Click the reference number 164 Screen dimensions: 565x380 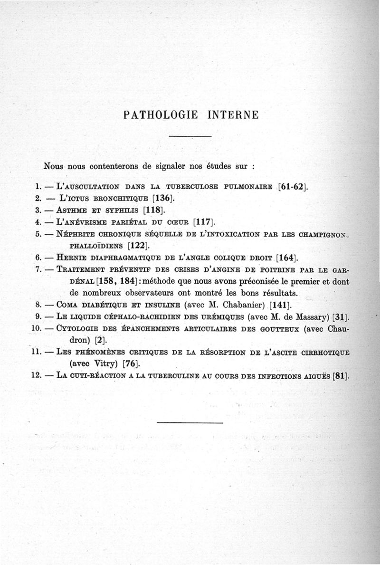[287, 258]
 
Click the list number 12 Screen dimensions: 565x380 [35, 376]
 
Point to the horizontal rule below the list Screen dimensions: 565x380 [190, 422]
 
